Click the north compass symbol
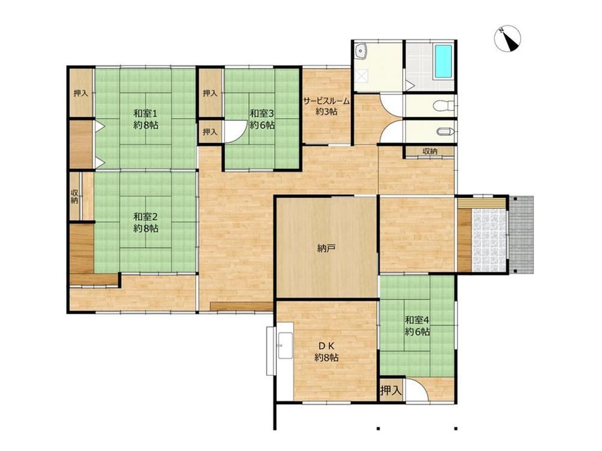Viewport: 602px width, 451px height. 507,38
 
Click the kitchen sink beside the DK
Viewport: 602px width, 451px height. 284,346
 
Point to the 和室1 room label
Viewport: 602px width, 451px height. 146,119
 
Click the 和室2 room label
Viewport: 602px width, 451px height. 146,222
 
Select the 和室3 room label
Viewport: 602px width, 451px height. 262,119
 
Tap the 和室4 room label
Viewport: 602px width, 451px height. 417,325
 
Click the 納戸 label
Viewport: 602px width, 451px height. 327,248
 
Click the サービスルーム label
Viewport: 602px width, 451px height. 326,101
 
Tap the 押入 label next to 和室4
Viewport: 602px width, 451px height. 391,391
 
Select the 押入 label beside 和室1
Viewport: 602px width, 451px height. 81,93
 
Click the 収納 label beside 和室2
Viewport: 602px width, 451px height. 75,196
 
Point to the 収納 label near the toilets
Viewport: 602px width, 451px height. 430,151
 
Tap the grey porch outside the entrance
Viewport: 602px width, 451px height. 522,235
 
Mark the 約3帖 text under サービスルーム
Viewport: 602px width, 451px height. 326,112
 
